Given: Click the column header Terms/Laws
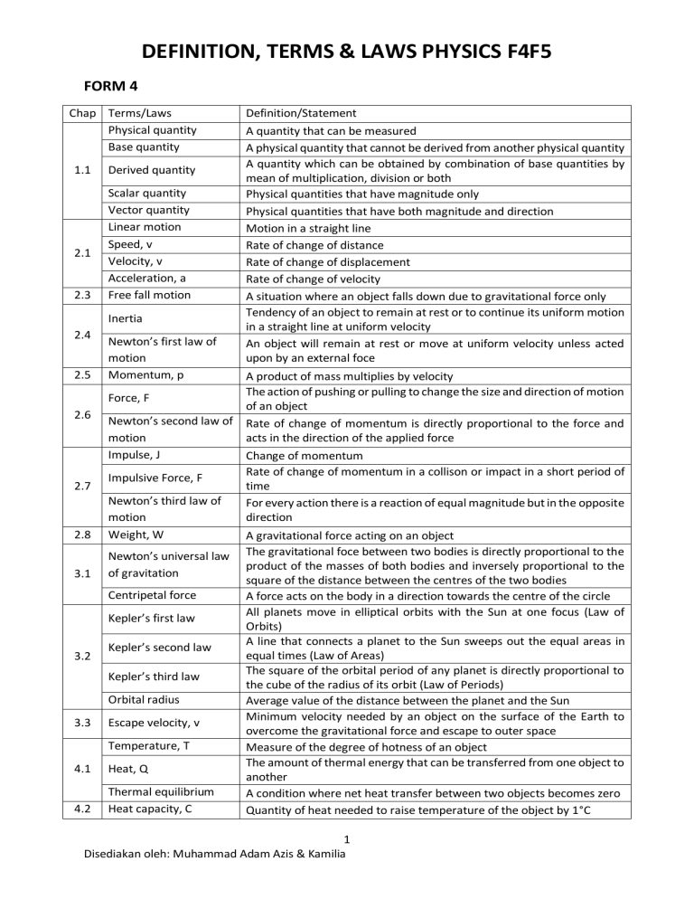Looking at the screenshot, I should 139,113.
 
